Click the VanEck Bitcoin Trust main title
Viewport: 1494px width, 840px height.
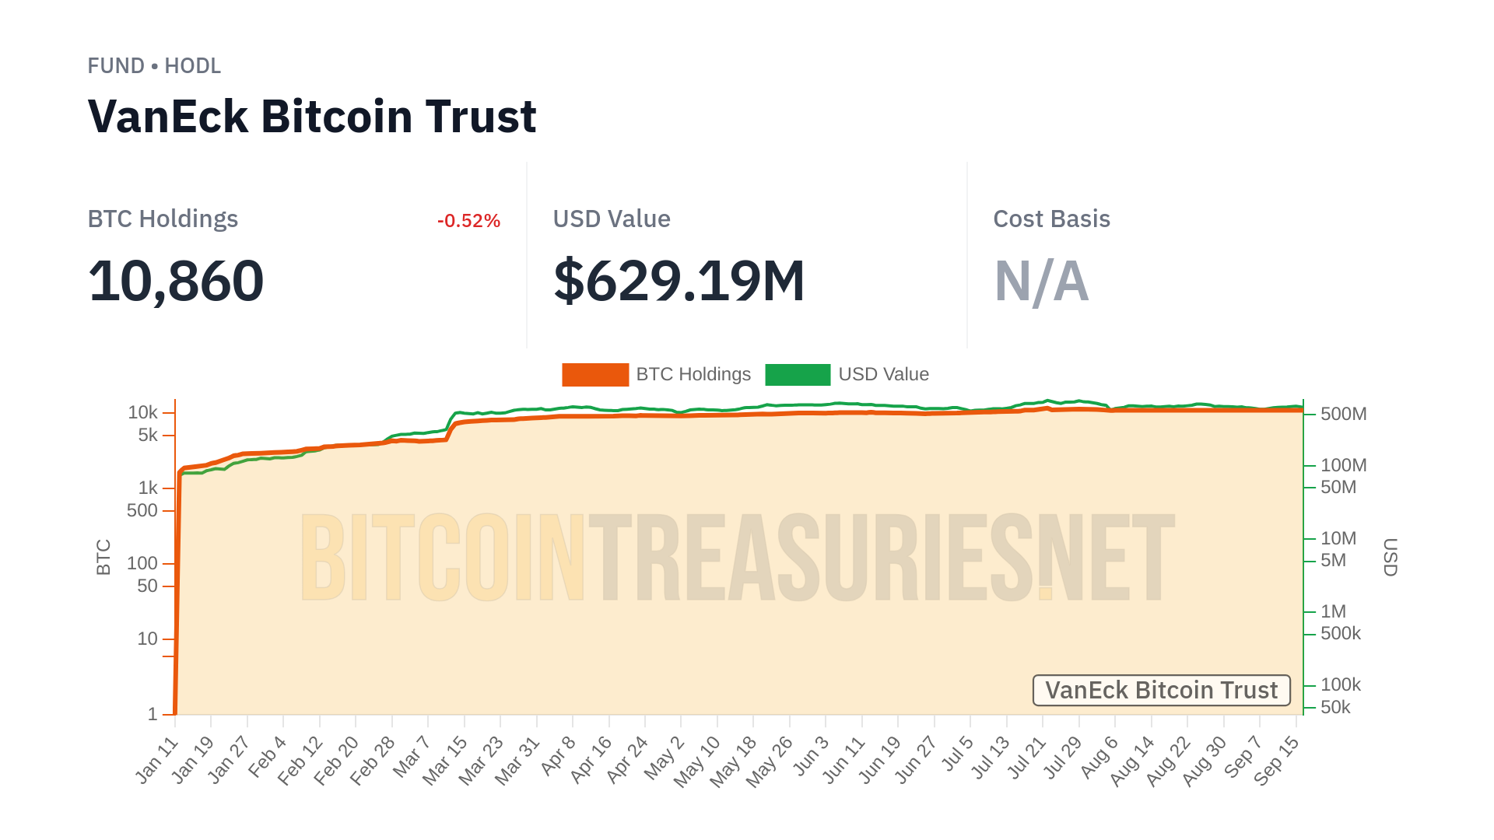[x=312, y=117]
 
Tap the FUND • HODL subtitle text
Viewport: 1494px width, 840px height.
[x=154, y=66]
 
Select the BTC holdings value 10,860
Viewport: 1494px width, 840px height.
[x=176, y=281]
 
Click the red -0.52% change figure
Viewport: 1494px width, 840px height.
[x=468, y=221]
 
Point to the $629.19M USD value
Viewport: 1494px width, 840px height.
[x=679, y=281]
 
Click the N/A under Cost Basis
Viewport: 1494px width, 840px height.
[x=1041, y=281]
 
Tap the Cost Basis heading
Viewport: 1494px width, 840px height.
[x=1051, y=219]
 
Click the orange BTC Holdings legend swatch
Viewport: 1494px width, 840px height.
[x=595, y=375]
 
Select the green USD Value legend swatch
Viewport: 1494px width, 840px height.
[x=798, y=375]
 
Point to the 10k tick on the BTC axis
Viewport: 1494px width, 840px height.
[x=143, y=412]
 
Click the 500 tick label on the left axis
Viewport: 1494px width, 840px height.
[x=142, y=510]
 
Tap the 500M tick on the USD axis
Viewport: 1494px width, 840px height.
[x=1343, y=414]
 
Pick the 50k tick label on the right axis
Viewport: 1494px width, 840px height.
[x=1335, y=707]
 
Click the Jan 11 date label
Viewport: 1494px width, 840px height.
[x=158, y=760]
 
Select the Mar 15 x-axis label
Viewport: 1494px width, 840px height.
[x=445, y=761]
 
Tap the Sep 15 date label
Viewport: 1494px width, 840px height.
[x=1277, y=761]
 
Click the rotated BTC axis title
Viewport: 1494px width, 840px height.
[x=103, y=557]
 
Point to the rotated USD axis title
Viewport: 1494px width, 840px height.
[x=1390, y=557]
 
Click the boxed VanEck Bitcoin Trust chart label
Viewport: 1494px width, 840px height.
[x=1161, y=691]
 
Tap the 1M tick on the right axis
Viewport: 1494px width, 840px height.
[x=1333, y=611]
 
